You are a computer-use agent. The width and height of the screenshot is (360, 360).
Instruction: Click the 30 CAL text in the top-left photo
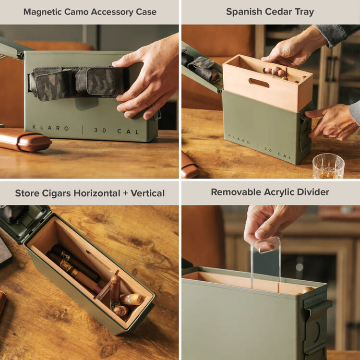pos(116,130)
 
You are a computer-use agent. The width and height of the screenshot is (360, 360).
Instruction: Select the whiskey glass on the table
pos(328,166)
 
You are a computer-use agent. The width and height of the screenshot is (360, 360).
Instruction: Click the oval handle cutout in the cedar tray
pos(259,83)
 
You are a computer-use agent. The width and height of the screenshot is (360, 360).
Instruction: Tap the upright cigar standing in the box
pos(115,291)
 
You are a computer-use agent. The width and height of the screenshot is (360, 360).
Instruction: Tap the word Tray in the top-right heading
pos(305,12)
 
